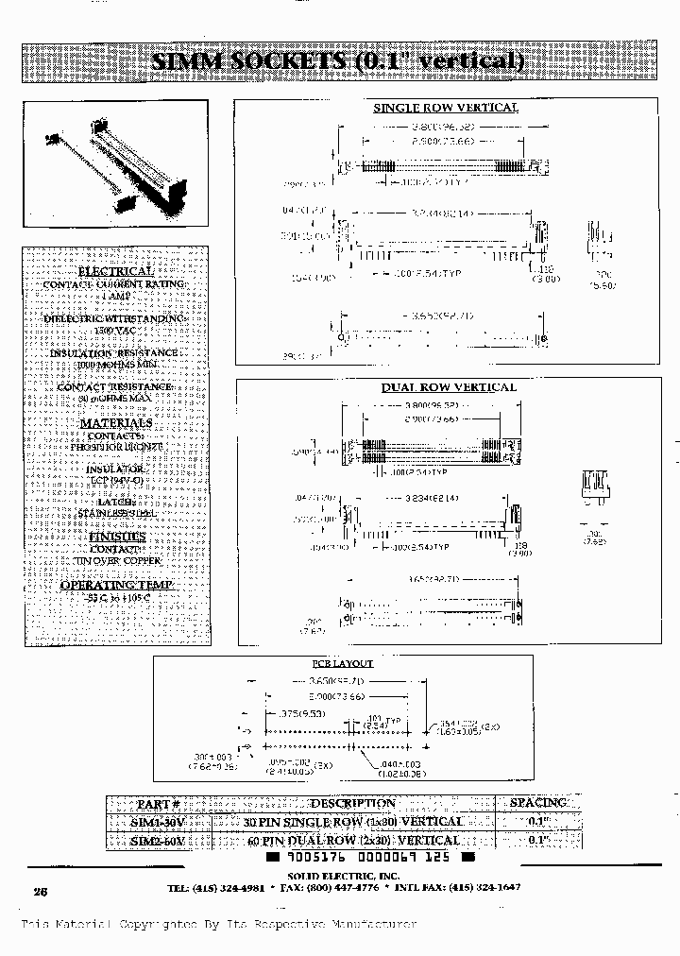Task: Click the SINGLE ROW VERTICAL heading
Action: tap(445, 108)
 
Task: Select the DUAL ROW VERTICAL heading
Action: tap(449, 387)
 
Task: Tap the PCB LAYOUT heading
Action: tap(343, 663)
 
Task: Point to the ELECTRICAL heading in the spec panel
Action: tap(114, 270)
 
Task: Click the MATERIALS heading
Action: tap(115, 423)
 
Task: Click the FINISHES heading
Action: tap(116, 536)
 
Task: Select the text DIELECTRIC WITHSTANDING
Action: tap(114, 319)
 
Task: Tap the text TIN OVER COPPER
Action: tap(116, 560)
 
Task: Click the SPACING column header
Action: tap(537, 803)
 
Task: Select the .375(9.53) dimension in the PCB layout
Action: tap(294, 712)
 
